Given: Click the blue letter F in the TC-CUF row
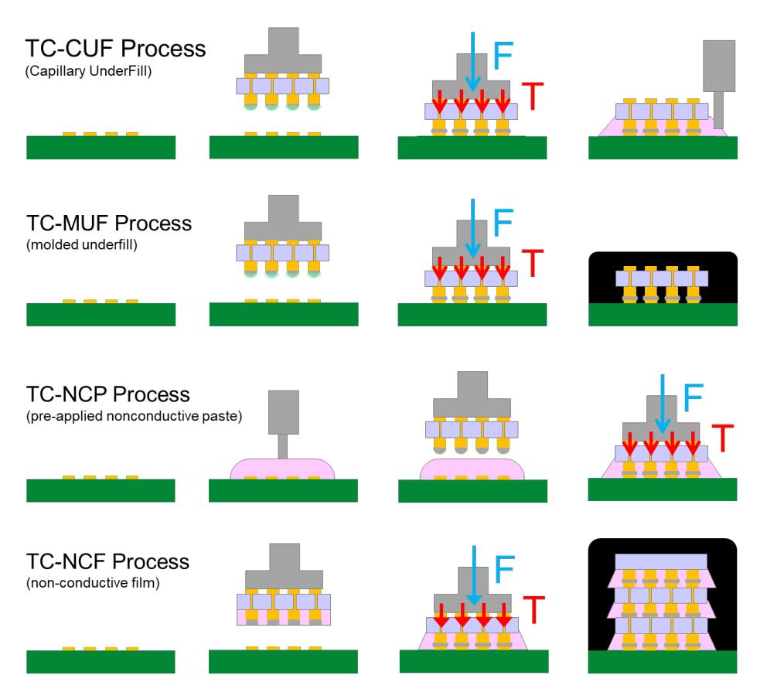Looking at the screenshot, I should pyautogui.click(x=503, y=55).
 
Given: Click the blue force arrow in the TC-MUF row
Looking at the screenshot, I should pyautogui.click(x=473, y=228).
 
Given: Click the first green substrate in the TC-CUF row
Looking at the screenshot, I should pyautogui.click(x=101, y=147).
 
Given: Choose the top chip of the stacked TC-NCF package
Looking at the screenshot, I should pyautogui.click(x=662, y=561).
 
